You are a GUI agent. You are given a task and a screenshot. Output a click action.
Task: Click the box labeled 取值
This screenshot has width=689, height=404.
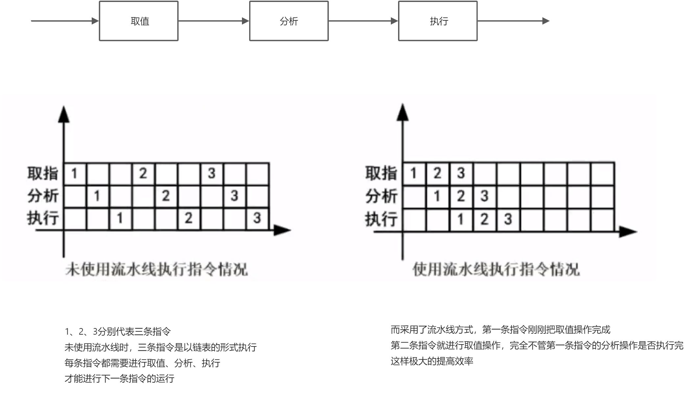138,21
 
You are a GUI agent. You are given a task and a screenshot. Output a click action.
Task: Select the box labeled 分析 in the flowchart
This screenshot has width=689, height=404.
289,21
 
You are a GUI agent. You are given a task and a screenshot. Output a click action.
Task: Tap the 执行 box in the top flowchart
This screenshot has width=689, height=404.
438,21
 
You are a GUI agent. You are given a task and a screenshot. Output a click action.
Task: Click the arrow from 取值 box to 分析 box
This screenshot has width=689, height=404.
213,21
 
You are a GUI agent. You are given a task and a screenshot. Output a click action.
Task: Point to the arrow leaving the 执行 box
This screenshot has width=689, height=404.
513,21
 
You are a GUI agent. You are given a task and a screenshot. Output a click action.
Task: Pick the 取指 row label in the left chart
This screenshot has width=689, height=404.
43,173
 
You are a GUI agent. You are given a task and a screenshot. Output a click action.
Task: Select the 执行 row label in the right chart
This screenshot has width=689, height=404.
381,219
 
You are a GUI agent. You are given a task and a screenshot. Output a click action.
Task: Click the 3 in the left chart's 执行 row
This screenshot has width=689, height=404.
257,218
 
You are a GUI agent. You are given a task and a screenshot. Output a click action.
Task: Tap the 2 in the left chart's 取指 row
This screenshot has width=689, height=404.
143,173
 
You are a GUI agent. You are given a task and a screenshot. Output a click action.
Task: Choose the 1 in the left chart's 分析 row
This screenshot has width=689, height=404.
97,196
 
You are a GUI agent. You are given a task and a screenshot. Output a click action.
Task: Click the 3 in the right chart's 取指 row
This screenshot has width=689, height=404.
461,173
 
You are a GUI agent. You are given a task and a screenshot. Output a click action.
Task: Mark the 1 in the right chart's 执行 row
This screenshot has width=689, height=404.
461,219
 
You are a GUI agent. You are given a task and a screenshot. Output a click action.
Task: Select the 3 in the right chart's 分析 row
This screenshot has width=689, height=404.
484,196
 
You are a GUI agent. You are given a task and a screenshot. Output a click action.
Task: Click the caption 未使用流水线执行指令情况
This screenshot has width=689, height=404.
156,270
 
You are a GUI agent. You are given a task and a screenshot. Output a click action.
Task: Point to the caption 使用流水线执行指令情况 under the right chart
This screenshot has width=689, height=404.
496,270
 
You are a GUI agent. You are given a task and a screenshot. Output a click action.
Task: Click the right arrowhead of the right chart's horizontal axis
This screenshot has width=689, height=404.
628,232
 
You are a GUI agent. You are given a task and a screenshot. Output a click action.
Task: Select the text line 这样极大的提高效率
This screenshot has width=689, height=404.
432,361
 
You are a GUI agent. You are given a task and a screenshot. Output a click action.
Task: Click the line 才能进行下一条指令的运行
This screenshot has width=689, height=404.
119,379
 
